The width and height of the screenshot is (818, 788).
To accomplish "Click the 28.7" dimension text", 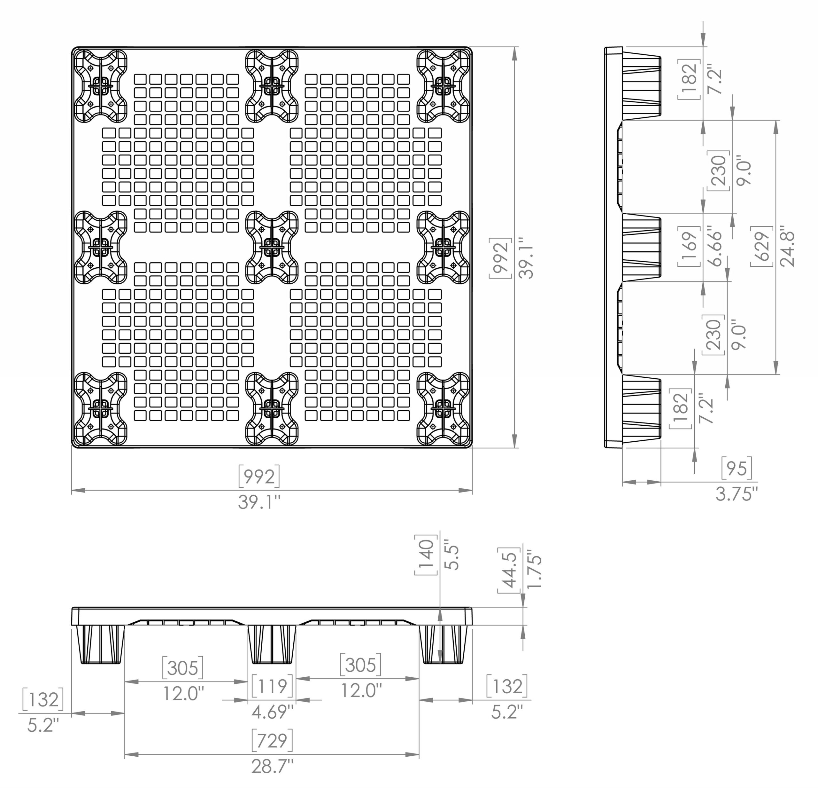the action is coord(272,766).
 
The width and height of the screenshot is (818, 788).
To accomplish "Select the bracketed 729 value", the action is coord(272,740).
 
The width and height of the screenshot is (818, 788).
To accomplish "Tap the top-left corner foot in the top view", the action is coord(101,86).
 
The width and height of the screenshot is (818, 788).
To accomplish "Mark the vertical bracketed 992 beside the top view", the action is coord(500,258).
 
